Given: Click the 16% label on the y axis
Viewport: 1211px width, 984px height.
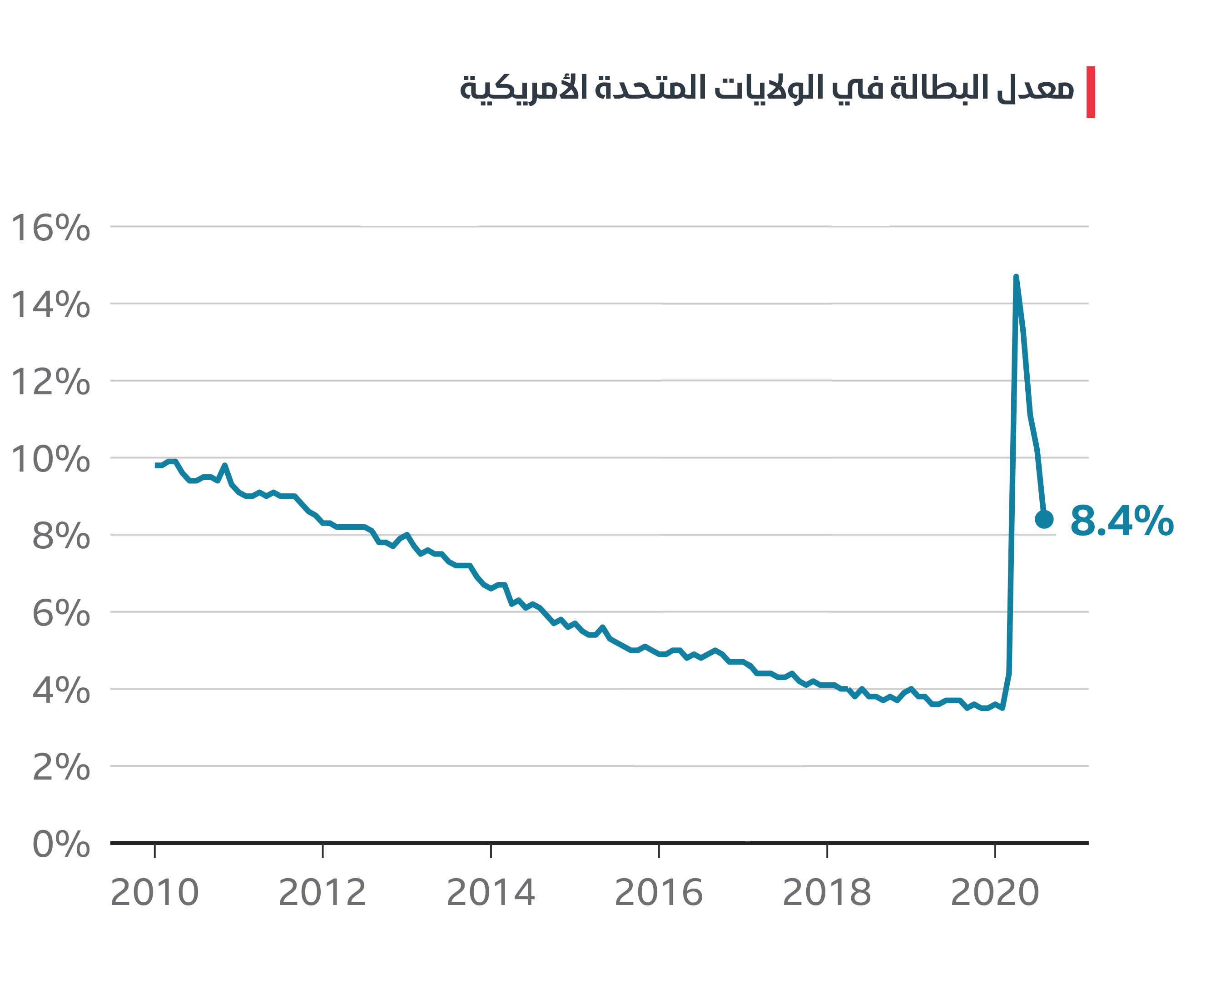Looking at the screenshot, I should point(50,228).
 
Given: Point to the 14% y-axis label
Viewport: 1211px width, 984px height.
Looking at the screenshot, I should point(50,305).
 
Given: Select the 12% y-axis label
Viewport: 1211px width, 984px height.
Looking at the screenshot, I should point(50,382).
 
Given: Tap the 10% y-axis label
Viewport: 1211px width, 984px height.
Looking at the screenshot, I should point(50,459).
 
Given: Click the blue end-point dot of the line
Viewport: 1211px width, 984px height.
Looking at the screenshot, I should point(1044,519).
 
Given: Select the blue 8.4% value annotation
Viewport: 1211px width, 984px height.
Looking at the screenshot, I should point(1122,521).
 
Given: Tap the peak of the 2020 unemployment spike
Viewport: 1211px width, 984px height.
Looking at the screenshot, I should point(1016,277).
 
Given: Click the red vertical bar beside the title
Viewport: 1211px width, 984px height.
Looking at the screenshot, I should point(1090,92).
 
